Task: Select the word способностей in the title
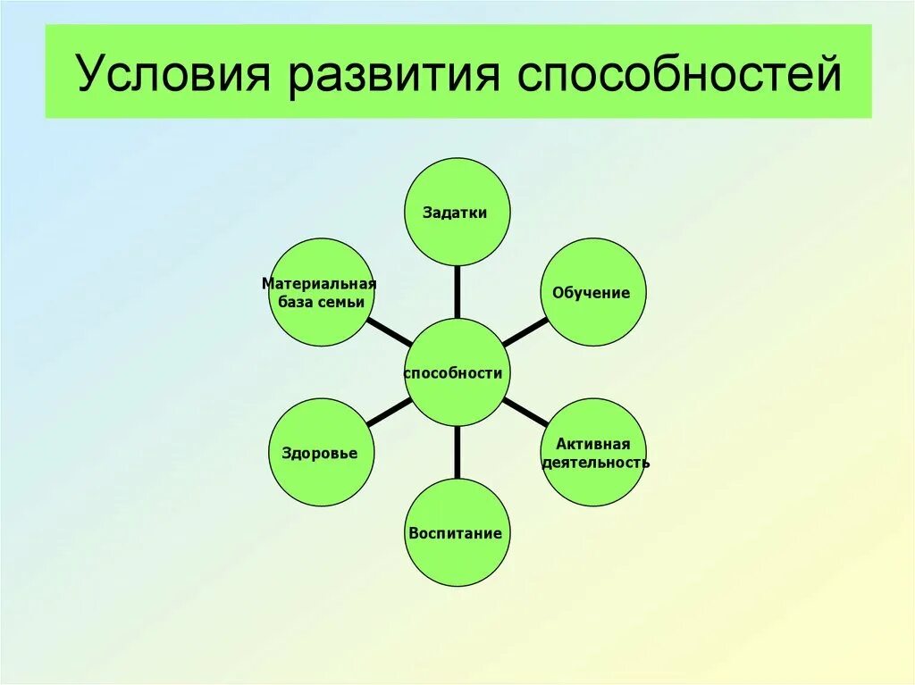(681, 75)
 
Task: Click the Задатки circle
(457, 212)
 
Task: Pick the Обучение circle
(592, 292)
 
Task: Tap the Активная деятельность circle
(593, 452)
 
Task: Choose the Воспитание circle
(457, 532)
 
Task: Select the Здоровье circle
(320, 452)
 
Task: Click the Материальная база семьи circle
(320, 292)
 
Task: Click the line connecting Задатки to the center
(457, 292)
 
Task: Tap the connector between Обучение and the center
(525, 332)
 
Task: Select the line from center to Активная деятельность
(526, 413)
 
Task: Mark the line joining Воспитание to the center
(457, 452)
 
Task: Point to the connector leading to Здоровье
(388, 412)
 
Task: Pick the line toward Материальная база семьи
(390, 332)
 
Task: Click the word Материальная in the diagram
(319, 284)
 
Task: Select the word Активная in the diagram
(593, 444)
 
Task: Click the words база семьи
(319, 302)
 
